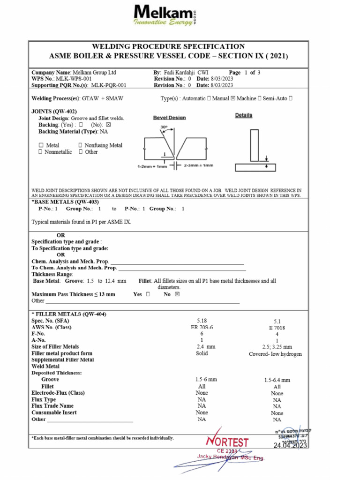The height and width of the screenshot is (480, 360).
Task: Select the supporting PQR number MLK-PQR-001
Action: pos(108,85)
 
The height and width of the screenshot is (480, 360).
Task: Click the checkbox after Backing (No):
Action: pos(108,125)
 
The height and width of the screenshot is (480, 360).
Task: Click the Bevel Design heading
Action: pos(169,118)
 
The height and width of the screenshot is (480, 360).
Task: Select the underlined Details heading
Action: pos(243,115)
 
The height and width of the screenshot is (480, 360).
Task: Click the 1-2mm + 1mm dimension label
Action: pos(152,166)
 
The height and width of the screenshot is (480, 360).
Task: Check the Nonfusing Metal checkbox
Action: pos(81,145)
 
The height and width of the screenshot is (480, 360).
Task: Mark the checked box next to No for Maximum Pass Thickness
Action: pos(177,294)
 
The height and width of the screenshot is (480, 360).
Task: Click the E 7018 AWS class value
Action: pos(277,328)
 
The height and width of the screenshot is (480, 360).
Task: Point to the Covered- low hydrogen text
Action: pos(275,354)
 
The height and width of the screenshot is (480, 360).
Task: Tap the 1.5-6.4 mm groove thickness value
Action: pos(277,380)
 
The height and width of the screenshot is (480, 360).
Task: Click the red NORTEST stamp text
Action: pos(227,442)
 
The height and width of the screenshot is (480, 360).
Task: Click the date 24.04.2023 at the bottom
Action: pos(290,446)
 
